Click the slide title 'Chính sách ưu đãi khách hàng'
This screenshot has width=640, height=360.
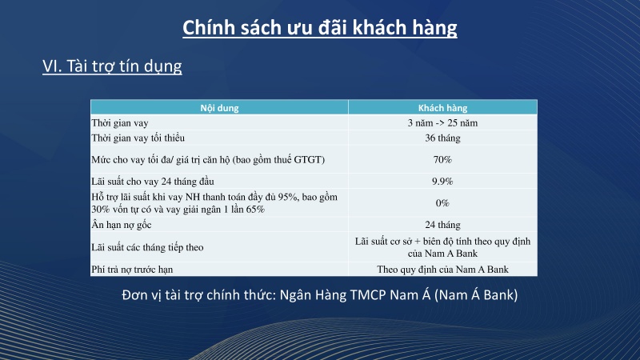320,28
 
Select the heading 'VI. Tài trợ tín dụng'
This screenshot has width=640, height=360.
112,66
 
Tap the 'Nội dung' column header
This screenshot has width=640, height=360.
218,107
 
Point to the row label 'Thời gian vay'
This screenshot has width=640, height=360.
121,122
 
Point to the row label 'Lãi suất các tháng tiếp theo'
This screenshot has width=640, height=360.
148,247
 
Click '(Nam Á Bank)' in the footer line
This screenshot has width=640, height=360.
478,294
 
